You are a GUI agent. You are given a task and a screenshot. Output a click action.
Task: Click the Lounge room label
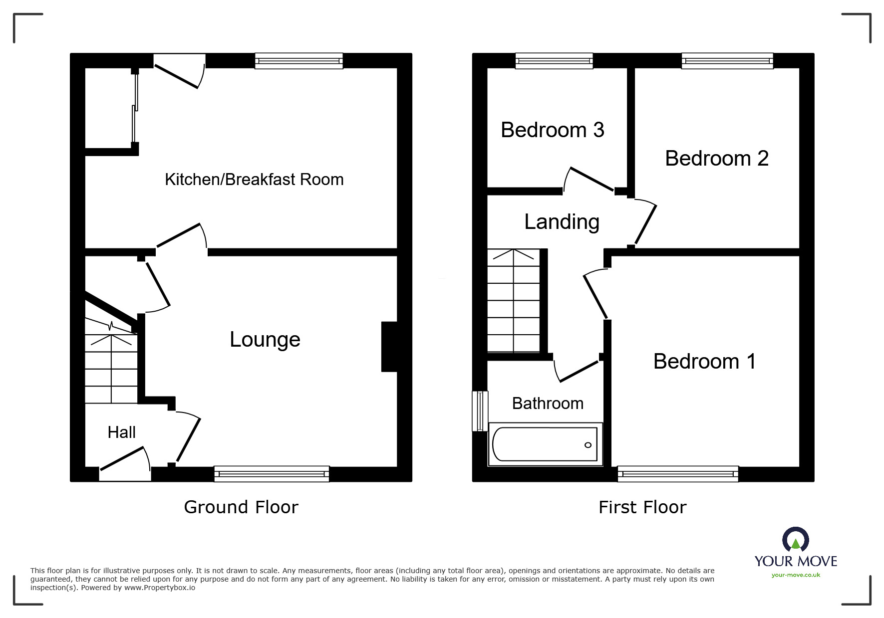coord(265,340)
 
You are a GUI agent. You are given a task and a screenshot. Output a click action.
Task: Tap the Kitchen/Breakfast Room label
coord(254,180)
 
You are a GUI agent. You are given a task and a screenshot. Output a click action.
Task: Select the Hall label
coord(121,432)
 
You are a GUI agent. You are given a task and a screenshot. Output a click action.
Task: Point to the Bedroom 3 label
coord(552,130)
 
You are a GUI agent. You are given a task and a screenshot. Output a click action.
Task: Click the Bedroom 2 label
coord(716,159)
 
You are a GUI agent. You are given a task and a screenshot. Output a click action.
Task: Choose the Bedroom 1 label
coord(704,362)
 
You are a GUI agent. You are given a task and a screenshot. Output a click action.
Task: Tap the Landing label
coord(562,222)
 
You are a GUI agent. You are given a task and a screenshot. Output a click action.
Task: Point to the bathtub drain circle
coord(588,445)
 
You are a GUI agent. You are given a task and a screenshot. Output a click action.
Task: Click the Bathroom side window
coord(480,411)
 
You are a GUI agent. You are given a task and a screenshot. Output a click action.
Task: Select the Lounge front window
coord(272,473)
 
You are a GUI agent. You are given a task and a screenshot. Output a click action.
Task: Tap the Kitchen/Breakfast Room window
coord(298,61)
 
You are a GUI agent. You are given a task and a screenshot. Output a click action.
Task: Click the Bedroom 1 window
coord(677,473)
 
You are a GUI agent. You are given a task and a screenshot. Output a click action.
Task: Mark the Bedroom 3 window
coord(554,61)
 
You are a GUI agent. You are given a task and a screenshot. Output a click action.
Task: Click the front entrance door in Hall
coord(125,461)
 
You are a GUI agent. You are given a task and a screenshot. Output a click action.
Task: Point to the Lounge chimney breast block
coord(389,347)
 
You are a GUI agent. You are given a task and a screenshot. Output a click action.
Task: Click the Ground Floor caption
coord(241,507)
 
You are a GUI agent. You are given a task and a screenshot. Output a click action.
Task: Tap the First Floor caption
coord(642,507)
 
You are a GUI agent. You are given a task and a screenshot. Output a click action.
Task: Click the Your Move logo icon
coord(795,541)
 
